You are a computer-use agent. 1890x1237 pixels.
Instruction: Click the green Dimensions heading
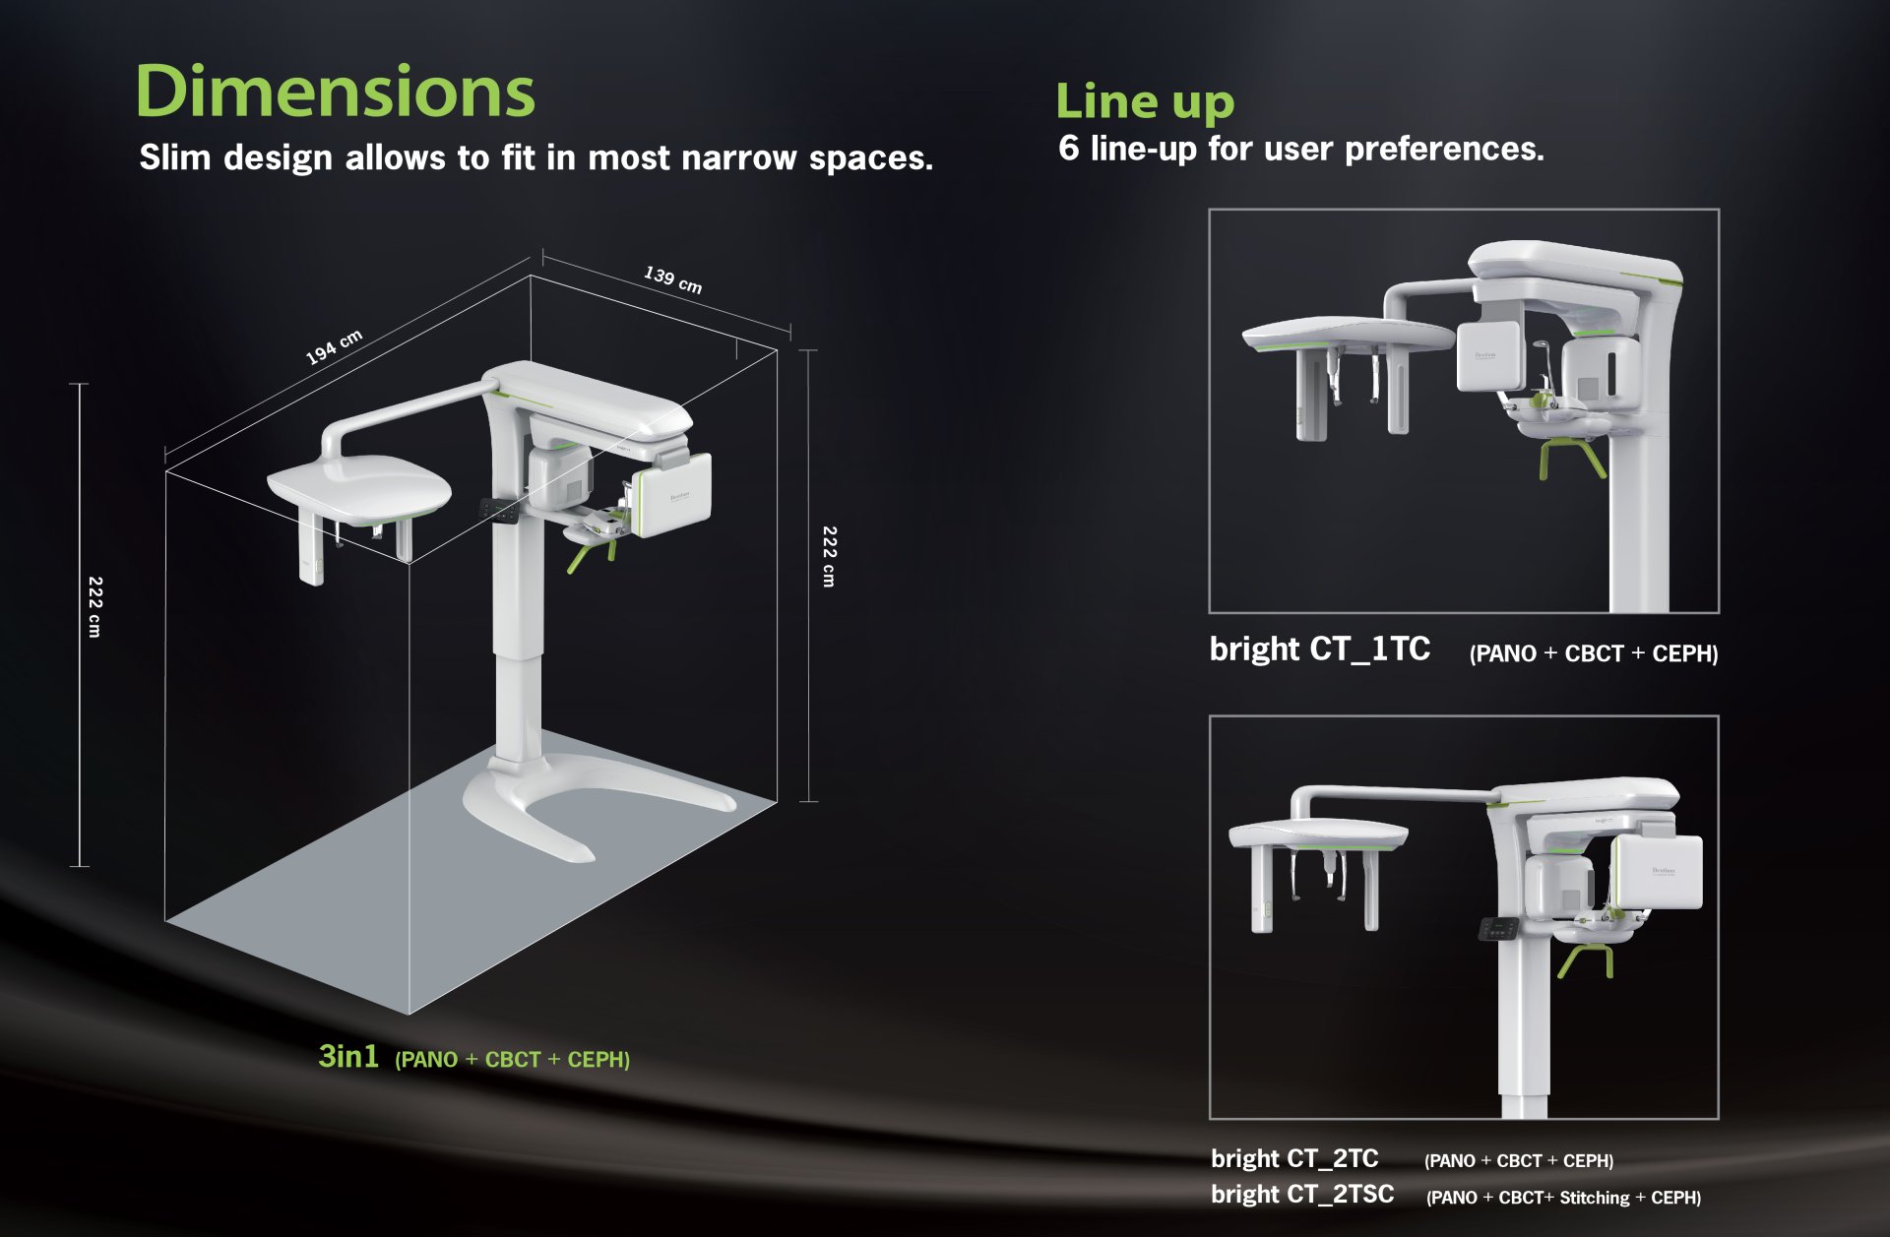(335, 91)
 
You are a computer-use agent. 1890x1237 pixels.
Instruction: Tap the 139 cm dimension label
(673, 279)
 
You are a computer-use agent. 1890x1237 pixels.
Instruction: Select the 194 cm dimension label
(334, 347)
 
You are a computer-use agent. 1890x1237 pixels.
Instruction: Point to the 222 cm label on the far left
(94, 607)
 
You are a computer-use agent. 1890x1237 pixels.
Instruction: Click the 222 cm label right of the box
(829, 557)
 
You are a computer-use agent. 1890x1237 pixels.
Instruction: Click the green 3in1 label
(348, 1056)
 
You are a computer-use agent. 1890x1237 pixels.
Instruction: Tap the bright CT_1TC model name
(1319, 649)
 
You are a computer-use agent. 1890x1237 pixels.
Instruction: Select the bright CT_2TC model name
(1294, 1158)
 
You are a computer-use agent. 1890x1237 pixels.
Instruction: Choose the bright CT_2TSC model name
(1302, 1195)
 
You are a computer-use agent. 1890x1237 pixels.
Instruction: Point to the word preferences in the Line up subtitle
(1444, 150)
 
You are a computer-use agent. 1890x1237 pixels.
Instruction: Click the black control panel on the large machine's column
(502, 511)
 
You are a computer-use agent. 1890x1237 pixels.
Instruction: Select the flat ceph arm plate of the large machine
(359, 487)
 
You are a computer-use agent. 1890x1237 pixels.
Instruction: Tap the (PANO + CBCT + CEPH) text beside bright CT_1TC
(1594, 653)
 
